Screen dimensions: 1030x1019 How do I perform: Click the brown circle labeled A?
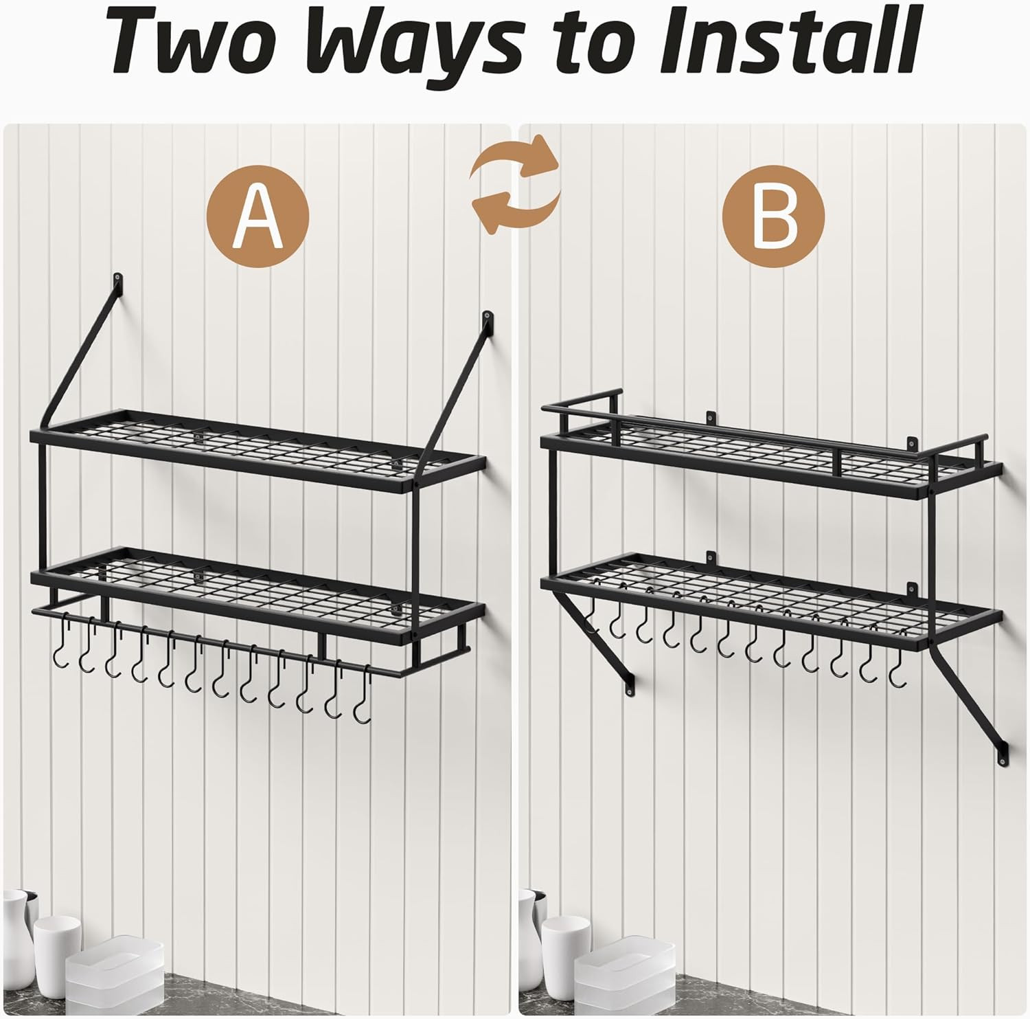[x=257, y=216]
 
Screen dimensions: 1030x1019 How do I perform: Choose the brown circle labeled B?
[x=774, y=216]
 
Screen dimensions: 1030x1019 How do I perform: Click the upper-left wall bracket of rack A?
[x=119, y=283]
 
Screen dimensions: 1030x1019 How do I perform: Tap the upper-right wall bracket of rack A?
[x=488, y=320]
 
